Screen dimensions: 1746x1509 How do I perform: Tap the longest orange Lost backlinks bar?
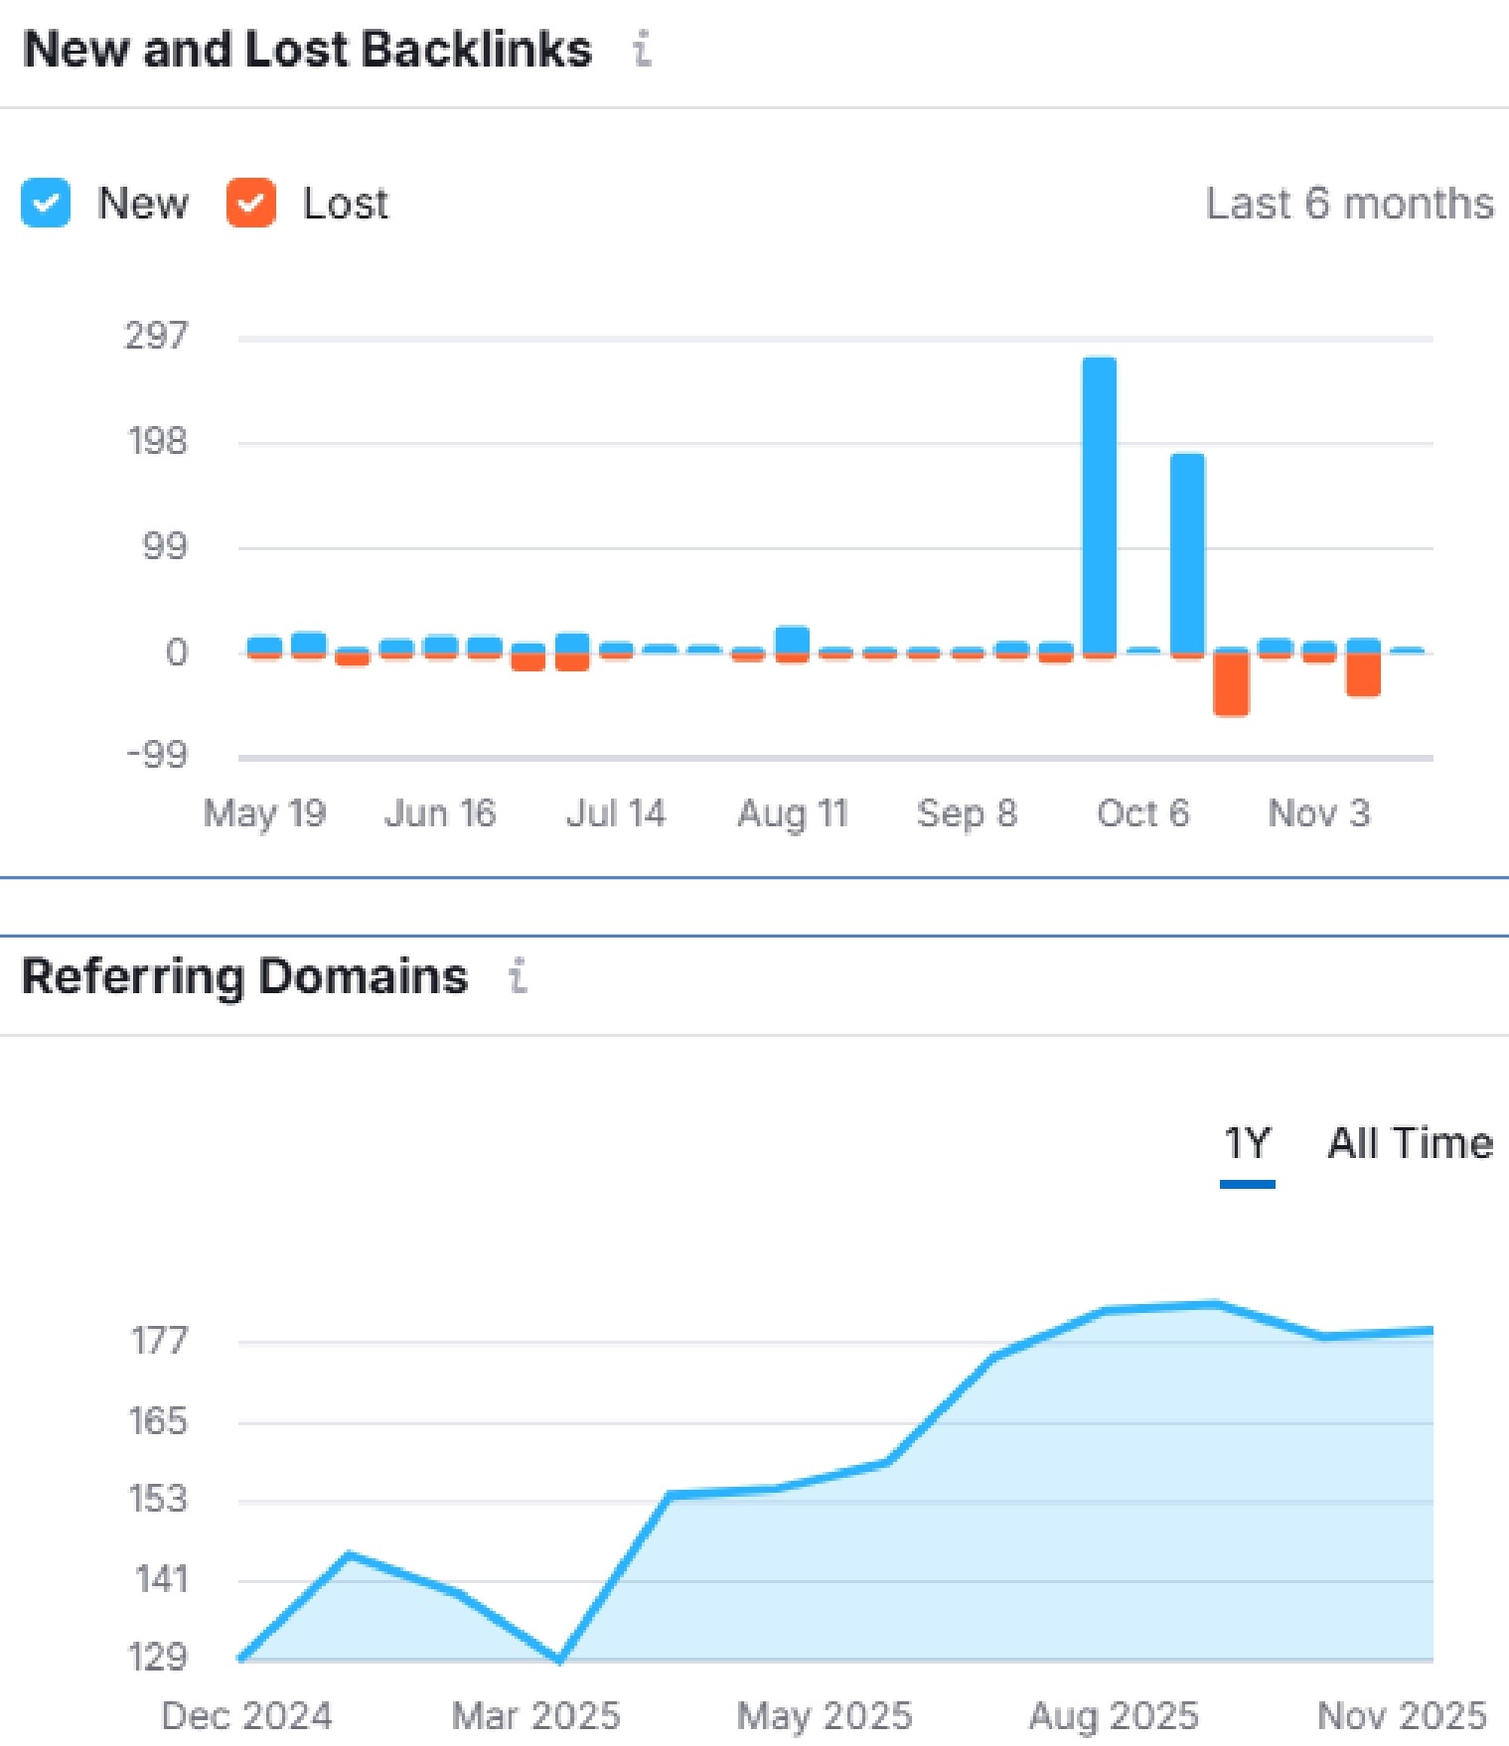click(x=1231, y=684)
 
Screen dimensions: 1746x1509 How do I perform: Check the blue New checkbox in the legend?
click(x=46, y=204)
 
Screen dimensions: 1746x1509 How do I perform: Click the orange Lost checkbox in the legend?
click(x=250, y=204)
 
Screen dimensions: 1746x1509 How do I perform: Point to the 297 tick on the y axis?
click(x=156, y=337)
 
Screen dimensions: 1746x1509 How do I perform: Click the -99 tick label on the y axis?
click(x=156, y=756)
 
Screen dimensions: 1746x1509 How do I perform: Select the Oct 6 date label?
click(x=1142, y=813)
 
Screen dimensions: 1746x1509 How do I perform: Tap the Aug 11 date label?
click(x=792, y=813)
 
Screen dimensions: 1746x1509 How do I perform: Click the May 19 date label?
click(x=264, y=813)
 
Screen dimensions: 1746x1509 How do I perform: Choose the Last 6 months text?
click(x=1349, y=204)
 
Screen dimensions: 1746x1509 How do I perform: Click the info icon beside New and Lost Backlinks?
click(x=643, y=49)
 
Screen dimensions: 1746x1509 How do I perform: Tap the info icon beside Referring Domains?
click(x=518, y=976)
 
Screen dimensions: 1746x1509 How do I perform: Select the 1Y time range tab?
click(x=1247, y=1144)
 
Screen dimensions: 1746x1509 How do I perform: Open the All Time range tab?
click(x=1410, y=1144)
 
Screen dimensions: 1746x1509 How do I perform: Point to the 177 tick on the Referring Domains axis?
click(x=159, y=1342)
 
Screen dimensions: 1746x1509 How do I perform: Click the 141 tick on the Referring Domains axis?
click(x=161, y=1579)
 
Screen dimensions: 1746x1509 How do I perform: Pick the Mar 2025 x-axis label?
click(x=535, y=1716)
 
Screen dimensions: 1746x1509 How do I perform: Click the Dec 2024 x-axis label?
click(x=246, y=1716)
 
